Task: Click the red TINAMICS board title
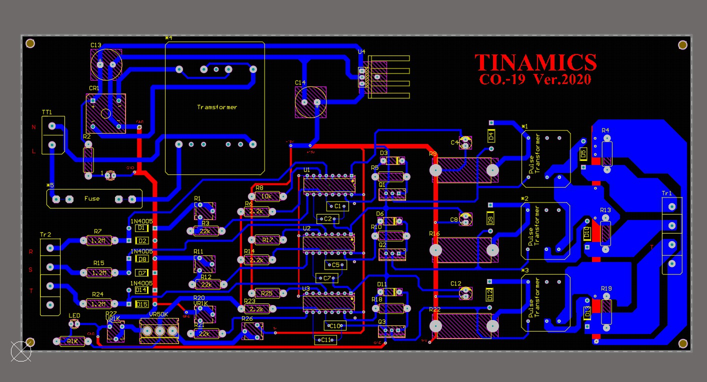535,62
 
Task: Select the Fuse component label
92,198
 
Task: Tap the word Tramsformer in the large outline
217,107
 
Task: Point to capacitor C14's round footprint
310,102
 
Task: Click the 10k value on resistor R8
267,196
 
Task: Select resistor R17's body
268,240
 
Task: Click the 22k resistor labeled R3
204,231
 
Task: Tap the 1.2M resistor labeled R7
98,241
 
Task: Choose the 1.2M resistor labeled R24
98,303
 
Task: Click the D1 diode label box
141,228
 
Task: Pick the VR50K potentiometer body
159,330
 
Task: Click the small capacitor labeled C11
325,340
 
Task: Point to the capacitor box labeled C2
327,218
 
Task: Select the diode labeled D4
491,135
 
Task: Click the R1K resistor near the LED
72,341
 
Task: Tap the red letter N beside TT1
34,127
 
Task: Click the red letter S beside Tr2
30,270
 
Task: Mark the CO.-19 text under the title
501,79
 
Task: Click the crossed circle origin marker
21,351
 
